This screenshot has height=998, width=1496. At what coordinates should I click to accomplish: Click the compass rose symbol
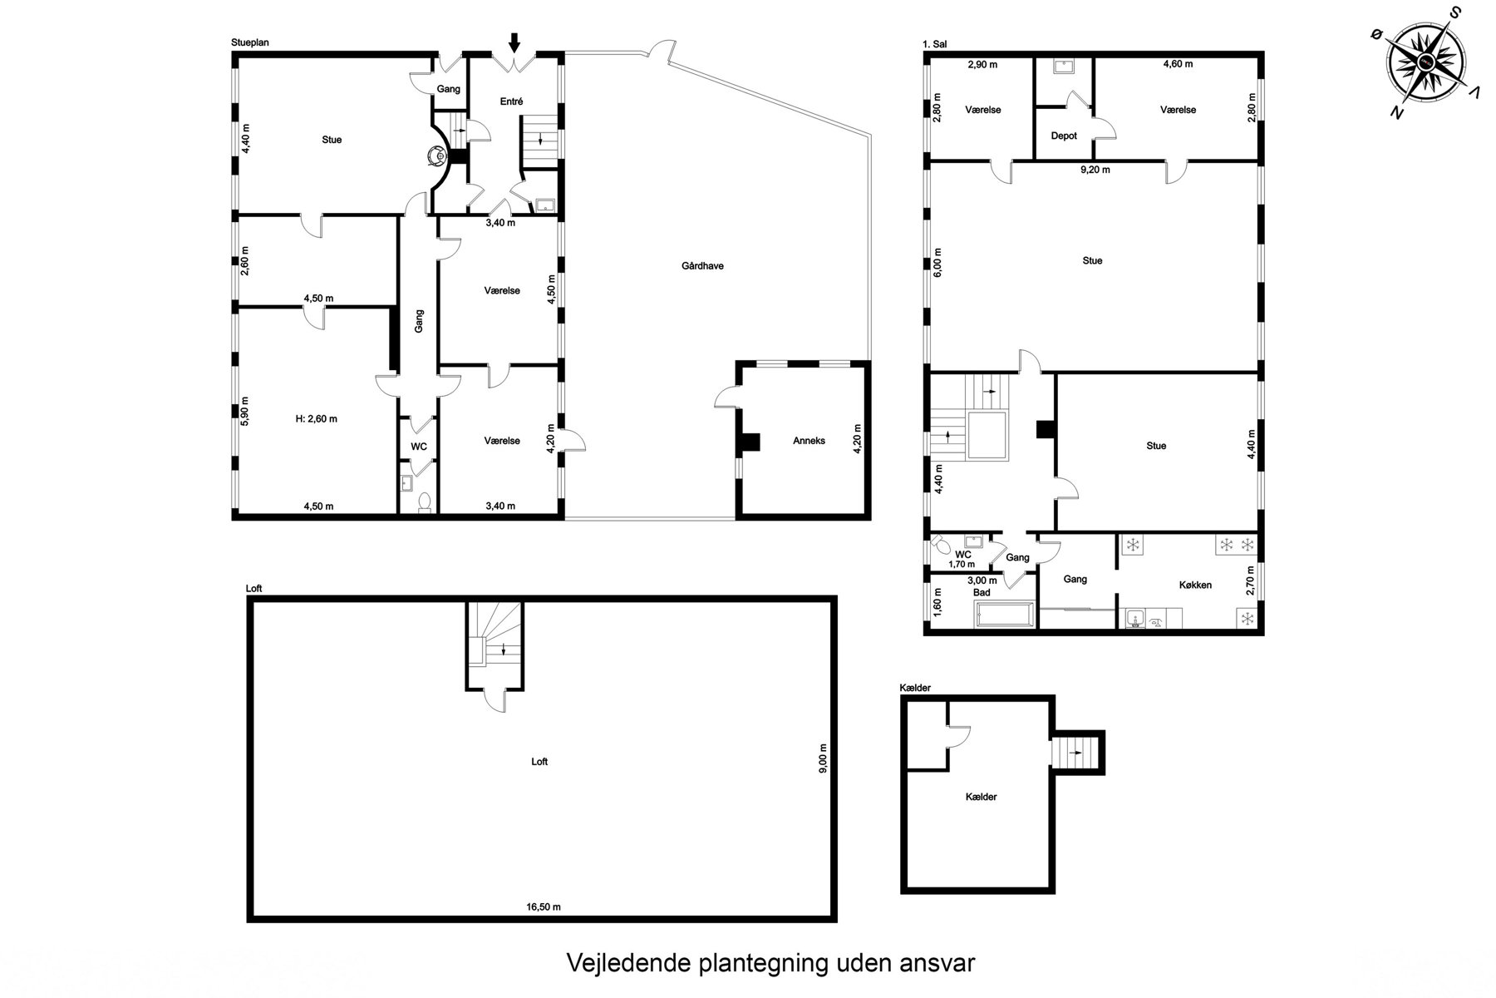pyautogui.click(x=1425, y=62)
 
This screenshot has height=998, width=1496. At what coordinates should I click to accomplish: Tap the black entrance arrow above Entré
pyautogui.click(x=514, y=42)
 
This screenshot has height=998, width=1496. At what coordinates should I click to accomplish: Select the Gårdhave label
pyautogui.click(x=702, y=266)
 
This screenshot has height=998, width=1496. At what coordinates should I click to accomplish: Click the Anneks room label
pyautogui.click(x=809, y=441)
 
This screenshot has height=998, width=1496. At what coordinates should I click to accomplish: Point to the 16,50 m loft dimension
pyautogui.click(x=543, y=907)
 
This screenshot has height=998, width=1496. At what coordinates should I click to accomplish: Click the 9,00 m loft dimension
pyautogui.click(x=823, y=758)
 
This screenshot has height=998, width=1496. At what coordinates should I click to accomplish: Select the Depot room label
pyautogui.click(x=1064, y=136)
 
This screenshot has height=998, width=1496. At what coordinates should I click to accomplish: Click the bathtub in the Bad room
pyautogui.click(x=1005, y=616)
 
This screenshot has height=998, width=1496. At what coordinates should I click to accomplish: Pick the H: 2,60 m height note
pyautogui.click(x=317, y=419)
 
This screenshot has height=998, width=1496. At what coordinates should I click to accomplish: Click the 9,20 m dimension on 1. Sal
pyautogui.click(x=1095, y=170)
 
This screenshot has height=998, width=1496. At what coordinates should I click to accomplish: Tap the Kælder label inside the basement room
pyautogui.click(x=981, y=797)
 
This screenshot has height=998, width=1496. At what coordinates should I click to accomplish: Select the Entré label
pyautogui.click(x=512, y=101)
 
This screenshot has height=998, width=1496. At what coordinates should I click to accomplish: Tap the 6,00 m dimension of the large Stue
pyautogui.click(x=938, y=263)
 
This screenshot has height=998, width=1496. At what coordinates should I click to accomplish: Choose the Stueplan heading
pyautogui.click(x=250, y=42)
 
